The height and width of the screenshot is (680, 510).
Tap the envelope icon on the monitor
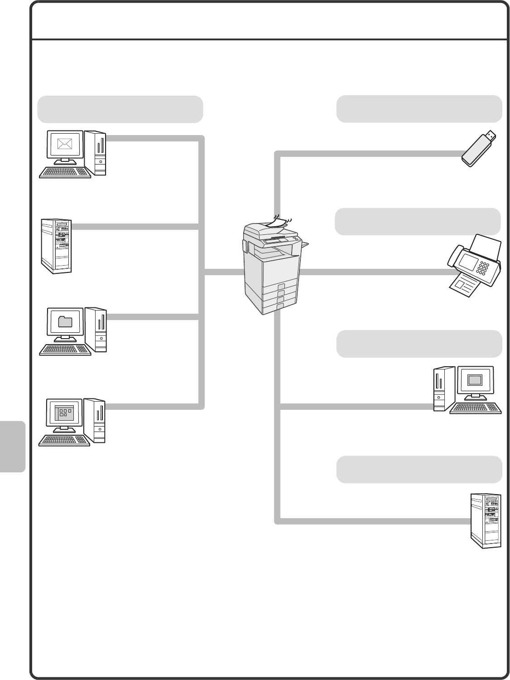coord(65,144)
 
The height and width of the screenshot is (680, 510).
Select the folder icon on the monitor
coord(66,321)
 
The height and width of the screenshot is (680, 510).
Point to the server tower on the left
coord(57,246)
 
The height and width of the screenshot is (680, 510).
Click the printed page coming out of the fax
coord(464,286)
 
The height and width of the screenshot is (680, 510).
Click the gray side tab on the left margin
coord(12,447)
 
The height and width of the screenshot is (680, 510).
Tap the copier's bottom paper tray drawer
coord(270,308)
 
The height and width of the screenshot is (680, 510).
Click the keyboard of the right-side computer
coord(475,408)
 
